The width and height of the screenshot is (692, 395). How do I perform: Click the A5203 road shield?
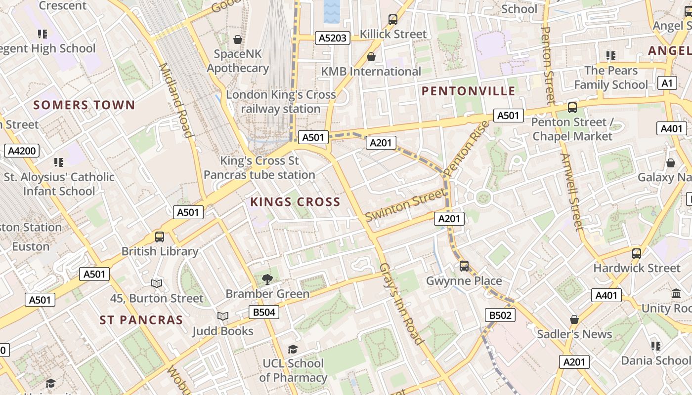(x=333, y=38)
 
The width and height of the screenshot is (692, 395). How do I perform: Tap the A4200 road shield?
(x=22, y=151)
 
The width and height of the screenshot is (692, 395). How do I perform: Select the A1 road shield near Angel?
(x=667, y=83)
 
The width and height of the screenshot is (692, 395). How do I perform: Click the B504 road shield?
(x=263, y=312)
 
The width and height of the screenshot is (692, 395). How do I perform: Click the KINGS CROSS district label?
(x=295, y=201)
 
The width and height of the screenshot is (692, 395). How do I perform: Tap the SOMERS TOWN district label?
(x=84, y=105)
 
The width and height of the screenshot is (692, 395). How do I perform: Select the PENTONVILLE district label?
(x=469, y=91)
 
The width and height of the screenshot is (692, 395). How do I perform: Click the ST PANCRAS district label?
(x=141, y=320)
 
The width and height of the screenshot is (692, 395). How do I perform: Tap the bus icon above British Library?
(x=159, y=237)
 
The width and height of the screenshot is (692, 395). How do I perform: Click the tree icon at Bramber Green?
(x=267, y=279)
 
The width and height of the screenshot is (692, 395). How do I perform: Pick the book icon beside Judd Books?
(x=223, y=316)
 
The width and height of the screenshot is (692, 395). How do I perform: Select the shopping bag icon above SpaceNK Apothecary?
(x=238, y=39)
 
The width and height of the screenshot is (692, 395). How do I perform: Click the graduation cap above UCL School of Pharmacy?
(x=293, y=349)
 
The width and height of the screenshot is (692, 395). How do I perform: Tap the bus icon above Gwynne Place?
(x=464, y=266)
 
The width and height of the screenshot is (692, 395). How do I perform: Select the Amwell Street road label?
(x=570, y=193)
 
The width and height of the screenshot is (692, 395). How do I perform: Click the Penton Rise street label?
(x=466, y=148)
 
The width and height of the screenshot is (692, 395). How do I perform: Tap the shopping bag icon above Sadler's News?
(x=574, y=319)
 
